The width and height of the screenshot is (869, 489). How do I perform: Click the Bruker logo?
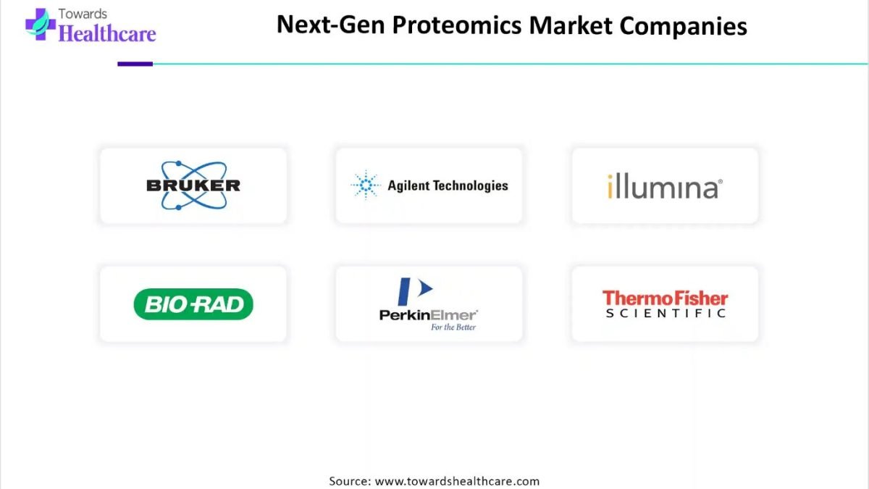point(193,185)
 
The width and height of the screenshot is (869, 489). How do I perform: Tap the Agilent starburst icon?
point(366,185)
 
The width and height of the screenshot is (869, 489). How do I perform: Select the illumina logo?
point(665,186)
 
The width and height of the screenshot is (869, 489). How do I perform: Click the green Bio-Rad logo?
point(193,304)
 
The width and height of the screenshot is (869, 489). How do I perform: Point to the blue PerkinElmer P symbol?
point(415,291)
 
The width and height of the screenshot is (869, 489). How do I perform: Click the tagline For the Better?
point(453,327)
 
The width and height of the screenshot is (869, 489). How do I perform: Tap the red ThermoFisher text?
point(665,298)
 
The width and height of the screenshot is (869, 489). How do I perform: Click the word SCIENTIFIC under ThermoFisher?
point(666,313)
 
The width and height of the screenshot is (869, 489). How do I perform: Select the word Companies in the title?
point(683,26)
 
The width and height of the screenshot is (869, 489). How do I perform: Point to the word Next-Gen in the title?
point(330,25)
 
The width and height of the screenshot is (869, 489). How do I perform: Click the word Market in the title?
point(571,25)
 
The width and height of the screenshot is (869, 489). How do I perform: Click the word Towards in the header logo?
point(83,14)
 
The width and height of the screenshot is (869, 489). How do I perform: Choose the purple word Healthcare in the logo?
point(107,33)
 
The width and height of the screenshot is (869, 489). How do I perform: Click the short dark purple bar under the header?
point(135,64)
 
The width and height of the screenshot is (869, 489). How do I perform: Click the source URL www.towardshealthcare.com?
point(457,481)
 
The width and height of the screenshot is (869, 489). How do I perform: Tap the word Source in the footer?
point(350,481)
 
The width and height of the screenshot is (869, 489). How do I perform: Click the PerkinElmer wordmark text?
point(428,314)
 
